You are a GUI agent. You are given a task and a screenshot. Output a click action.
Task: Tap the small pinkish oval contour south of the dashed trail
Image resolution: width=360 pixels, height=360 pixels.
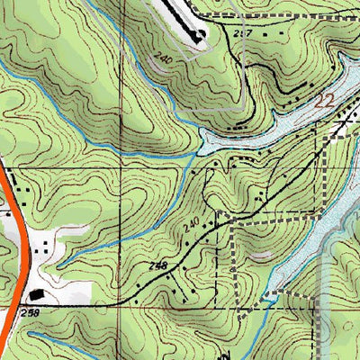pyautogui.click(x=261, y=256)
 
